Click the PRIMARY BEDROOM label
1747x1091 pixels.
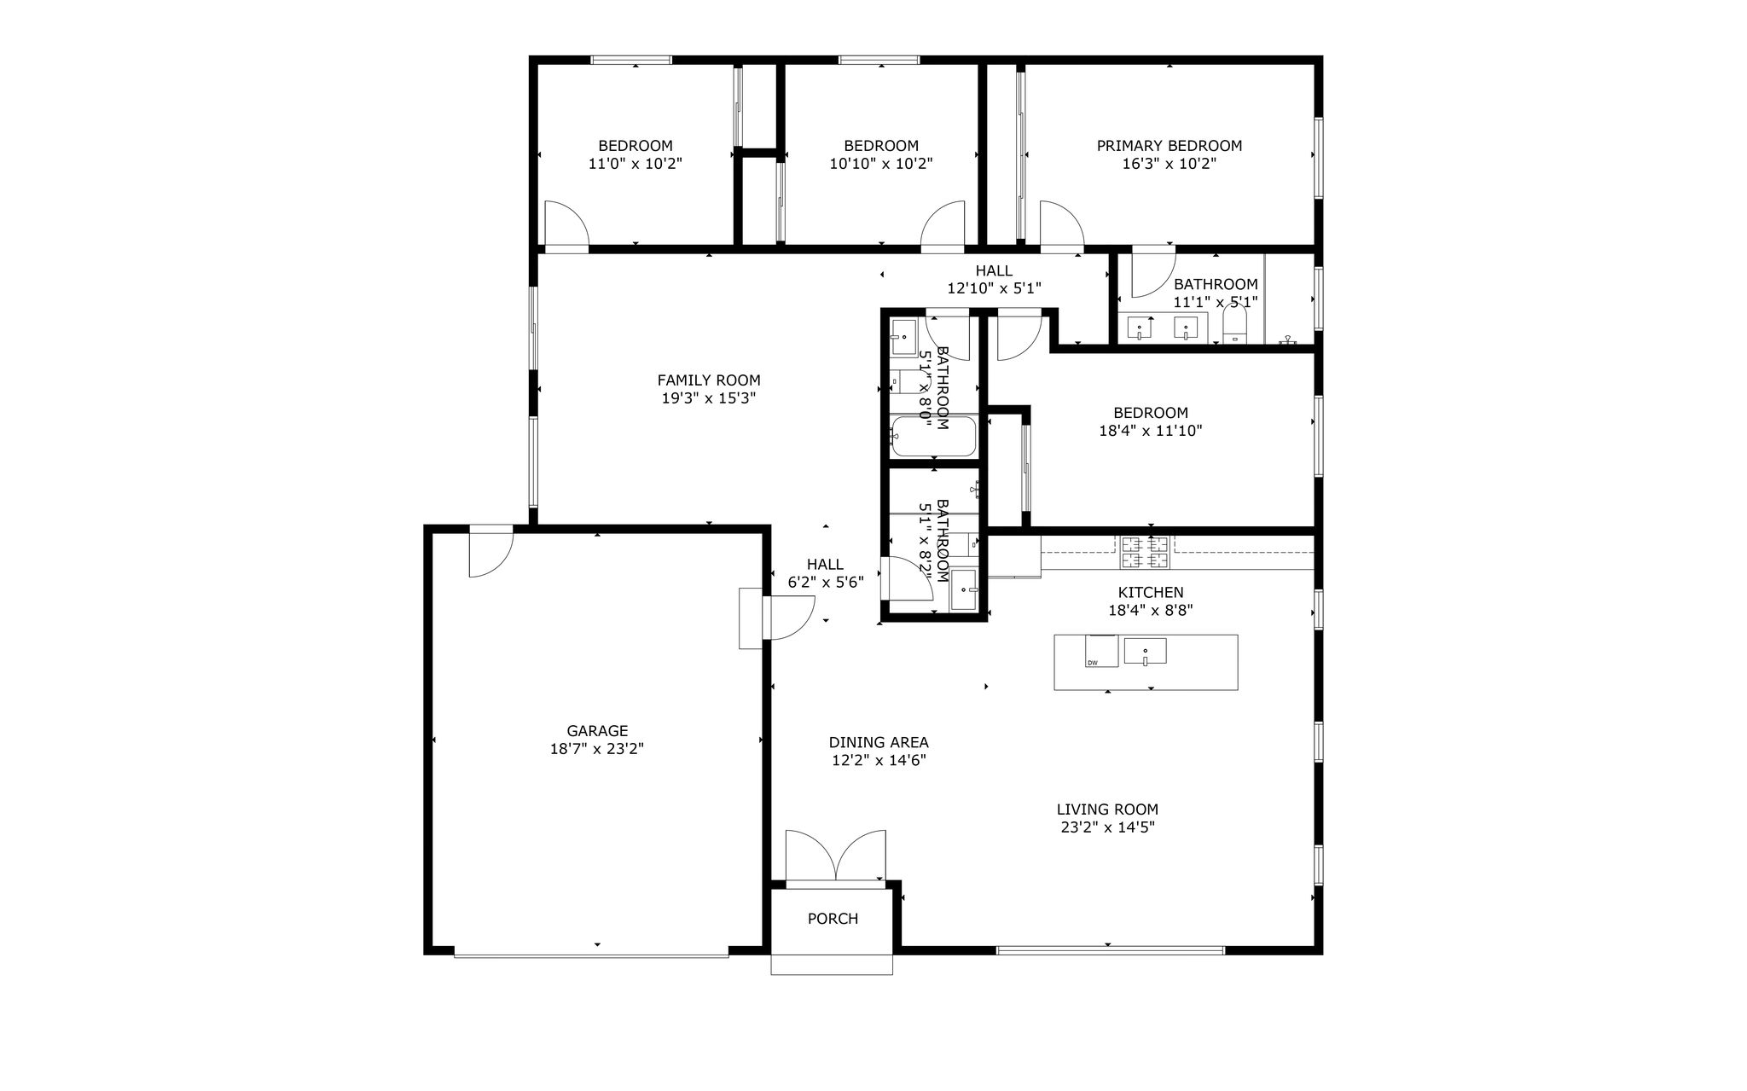coord(1169,146)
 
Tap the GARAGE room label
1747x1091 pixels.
coord(597,731)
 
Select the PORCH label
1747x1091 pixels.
coord(833,919)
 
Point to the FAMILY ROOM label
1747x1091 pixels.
coord(709,380)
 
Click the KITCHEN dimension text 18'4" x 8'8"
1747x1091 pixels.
coord(1151,611)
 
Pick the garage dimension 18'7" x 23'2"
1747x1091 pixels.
coord(597,749)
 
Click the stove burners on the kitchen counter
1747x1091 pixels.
coord(1145,552)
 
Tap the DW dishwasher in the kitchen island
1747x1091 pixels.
coord(1101,652)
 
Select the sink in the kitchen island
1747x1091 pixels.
coord(1145,652)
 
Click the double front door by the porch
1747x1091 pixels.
coord(835,856)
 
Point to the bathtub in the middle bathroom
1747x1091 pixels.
coord(933,437)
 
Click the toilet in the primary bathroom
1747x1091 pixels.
coord(1234,326)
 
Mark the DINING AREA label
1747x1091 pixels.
coord(879,743)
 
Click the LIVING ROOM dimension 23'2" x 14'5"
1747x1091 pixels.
coord(1107,827)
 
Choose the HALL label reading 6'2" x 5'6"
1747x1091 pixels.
coord(826,573)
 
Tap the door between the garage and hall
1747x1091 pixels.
coord(790,618)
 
